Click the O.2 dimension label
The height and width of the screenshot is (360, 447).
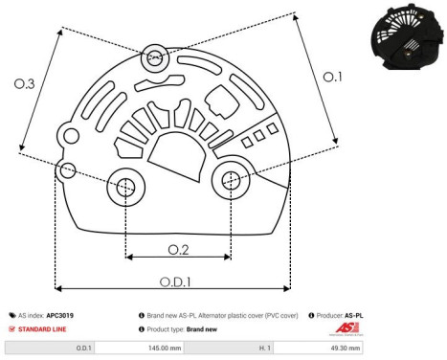click(177, 249)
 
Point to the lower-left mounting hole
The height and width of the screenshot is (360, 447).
click(125, 189)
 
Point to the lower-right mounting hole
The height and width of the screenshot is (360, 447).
click(231, 178)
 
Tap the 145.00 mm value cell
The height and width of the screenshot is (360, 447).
click(181, 349)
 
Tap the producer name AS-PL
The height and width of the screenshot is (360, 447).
click(354, 314)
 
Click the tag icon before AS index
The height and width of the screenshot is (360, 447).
click(11, 314)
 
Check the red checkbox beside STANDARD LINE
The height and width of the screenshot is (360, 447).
click(11, 327)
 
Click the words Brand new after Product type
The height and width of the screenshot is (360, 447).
click(206, 327)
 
